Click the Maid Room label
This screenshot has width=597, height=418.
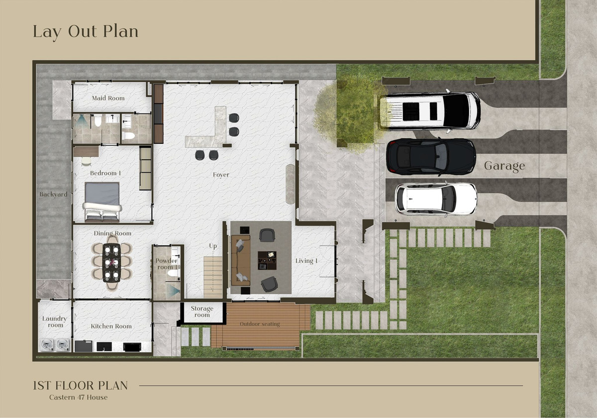tap(108, 98)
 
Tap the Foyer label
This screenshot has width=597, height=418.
tap(221, 175)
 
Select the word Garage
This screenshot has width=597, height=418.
tap(504, 166)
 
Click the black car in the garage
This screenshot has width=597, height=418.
tap(431, 157)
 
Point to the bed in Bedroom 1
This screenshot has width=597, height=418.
tap(102, 202)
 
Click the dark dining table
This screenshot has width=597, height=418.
tap(111, 263)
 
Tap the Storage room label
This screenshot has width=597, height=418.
tap(202, 312)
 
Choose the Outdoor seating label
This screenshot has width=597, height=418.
tap(260, 324)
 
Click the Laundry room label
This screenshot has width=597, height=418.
tap(55, 322)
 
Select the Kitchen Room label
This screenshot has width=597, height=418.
tap(111, 326)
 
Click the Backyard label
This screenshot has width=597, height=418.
tap(53, 195)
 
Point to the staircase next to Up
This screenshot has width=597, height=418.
tap(213, 277)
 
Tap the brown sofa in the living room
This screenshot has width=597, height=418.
tap(240, 260)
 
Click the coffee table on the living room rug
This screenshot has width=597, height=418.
tap(267, 260)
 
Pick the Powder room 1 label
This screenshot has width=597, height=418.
tap(166, 264)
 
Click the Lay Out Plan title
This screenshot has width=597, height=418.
tap(86, 32)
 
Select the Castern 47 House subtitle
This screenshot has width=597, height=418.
tap(79, 397)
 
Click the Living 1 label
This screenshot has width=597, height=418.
tap(306, 261)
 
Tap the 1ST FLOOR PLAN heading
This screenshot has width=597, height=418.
tap(81, 386)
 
